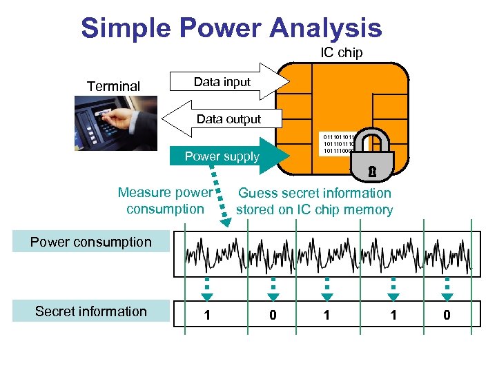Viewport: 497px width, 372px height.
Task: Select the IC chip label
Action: [341, 53]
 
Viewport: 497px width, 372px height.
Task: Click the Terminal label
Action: [113, 86]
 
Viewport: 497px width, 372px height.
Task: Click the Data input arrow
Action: [228, 82]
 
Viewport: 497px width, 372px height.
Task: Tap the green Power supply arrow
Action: [228, 156]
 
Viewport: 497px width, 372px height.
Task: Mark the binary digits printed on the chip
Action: [338, 144]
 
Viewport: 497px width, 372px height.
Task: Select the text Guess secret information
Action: [314, 194]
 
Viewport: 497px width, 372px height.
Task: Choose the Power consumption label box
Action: [90, 242]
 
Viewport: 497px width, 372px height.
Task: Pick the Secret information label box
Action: [90, 311]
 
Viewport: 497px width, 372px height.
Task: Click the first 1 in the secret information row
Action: [206, 316]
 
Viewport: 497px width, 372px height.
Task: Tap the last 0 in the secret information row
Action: [447, 316]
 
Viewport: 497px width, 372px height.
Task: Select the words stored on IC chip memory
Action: [314, 210]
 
